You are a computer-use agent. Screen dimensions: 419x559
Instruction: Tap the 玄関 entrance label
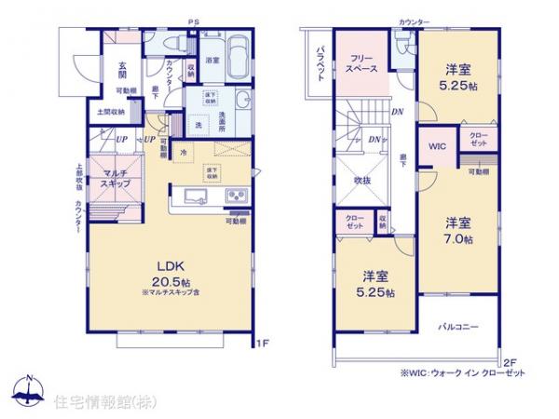[x=122, y=71]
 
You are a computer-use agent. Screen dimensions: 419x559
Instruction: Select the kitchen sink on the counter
[x=198, y=196]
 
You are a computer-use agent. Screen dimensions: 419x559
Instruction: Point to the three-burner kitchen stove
[x=234, y=196]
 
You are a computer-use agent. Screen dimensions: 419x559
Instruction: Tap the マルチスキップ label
[x=116, y=179]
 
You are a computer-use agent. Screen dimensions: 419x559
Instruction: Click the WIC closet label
[x=436, y=146]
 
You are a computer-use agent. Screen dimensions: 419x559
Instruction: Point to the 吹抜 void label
[x=363, y=181]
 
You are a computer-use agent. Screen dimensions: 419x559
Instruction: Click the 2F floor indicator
[x=509, y=362]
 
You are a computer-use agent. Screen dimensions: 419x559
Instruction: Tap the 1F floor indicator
[x=263, y=344]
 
